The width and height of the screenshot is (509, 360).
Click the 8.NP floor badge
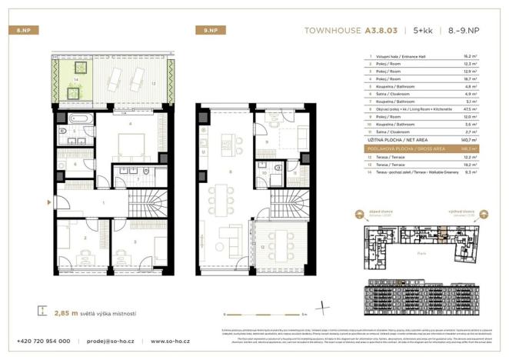coord(22,31)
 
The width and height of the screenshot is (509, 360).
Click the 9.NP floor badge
coord(205,31)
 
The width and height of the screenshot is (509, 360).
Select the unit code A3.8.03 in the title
coord(387,31)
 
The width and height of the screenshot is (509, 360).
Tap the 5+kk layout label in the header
coord(422,31)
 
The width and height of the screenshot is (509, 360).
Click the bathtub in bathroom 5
coord(79,119)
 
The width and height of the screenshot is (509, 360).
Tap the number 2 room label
coord(84,239)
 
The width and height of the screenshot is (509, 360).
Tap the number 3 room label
coord(136,241)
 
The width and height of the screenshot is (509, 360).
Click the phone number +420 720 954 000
coord(44,341)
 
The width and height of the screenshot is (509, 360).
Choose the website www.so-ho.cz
coord(171,341)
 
